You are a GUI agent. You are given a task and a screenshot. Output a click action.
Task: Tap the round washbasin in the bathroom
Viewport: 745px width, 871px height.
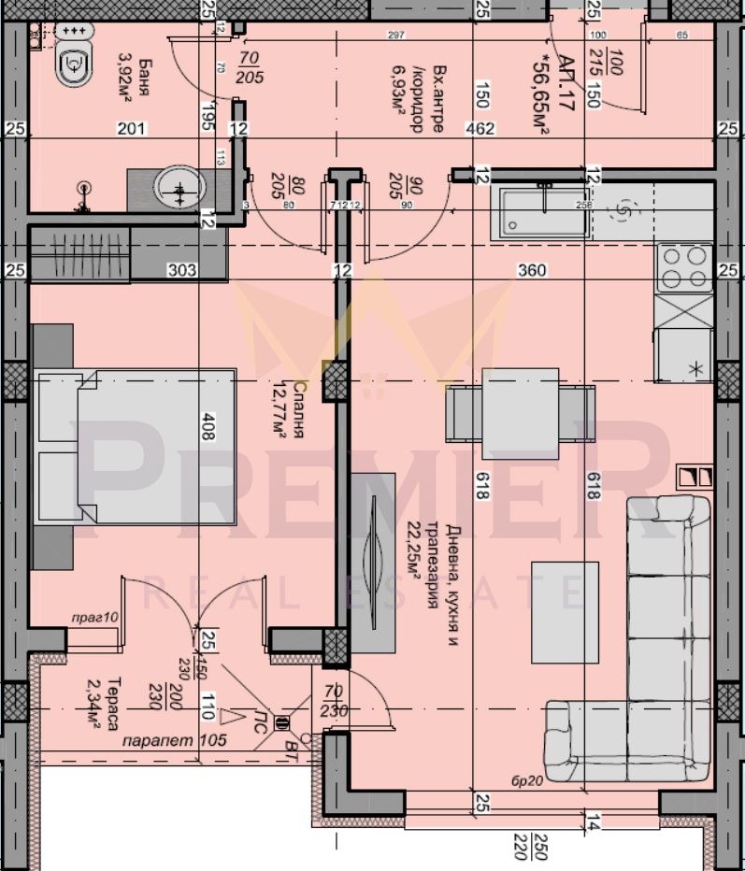(179, 190)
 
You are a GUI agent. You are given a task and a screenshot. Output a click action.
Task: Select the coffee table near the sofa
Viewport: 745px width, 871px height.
(566, 610)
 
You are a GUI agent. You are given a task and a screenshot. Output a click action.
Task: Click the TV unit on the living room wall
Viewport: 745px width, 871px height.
(373, 562)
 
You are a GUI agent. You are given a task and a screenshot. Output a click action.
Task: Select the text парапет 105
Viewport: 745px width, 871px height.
(162, 742)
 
